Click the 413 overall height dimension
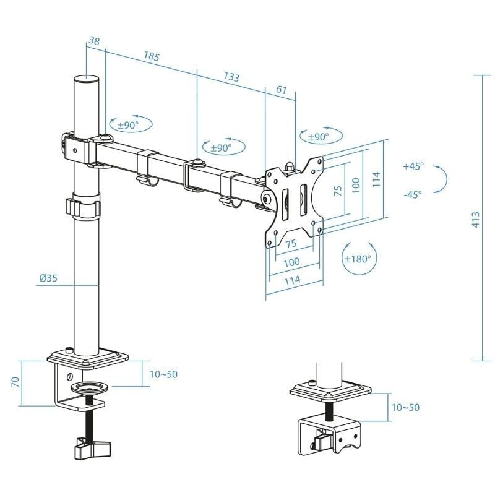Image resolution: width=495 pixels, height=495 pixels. pos(475,220)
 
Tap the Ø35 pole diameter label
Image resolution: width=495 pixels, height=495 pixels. pos(48,278)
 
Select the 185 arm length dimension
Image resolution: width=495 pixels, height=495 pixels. pos(152,56)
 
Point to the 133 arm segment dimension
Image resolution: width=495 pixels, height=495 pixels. pos(231,77)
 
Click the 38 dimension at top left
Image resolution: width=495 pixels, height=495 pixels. pos(94,40)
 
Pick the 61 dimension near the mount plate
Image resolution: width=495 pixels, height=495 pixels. pos(282,90)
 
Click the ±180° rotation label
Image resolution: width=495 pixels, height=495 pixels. pos(358,259)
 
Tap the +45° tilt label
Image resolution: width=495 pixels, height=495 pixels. pos(413,166)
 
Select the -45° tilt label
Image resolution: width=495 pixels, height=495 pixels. pos(413,194)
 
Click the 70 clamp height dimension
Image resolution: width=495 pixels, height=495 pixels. pos(15,382)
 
